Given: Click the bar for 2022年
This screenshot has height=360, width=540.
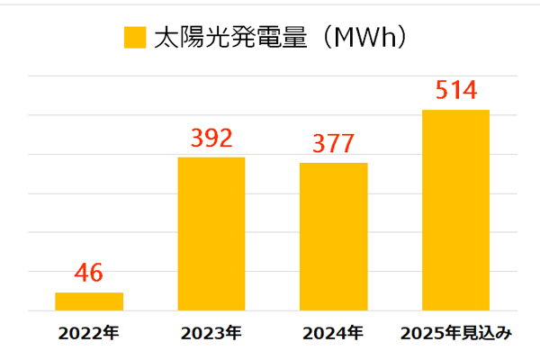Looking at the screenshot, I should (89, 301).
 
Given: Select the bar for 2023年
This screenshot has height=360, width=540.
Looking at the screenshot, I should (211, 234).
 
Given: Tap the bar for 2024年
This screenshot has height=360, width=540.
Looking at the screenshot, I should (333, 237).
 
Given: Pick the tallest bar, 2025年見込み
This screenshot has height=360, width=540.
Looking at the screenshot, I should (455, 210).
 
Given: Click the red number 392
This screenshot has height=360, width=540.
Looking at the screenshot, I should (211, 138).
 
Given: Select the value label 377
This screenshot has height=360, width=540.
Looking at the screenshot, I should (333, 144).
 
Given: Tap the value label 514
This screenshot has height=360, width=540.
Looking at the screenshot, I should (455, 91).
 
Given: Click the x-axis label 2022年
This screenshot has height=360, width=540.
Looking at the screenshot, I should (88, 334).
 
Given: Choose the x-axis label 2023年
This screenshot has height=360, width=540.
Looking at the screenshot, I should (211, 334).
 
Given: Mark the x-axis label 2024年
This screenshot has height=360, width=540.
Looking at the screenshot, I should (333, 334).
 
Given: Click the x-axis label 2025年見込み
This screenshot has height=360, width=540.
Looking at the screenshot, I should (455, 334).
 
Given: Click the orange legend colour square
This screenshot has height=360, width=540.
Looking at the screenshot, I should (134, 38).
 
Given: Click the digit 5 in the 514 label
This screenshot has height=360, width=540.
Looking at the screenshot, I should (441, 91).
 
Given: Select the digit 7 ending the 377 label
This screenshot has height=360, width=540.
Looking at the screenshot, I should (346, 144).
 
